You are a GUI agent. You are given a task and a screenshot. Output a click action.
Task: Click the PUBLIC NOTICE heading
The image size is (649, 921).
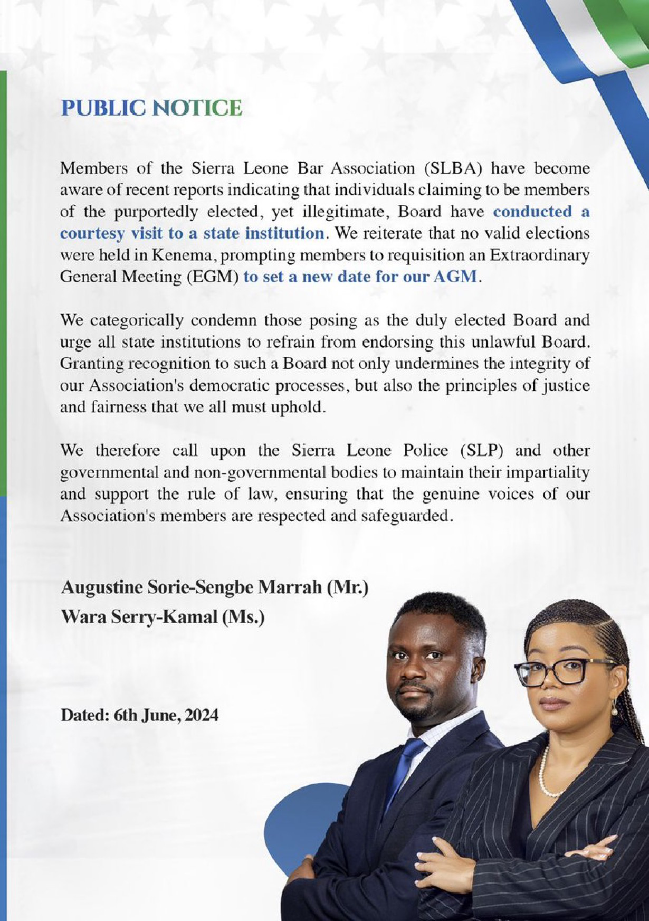pyautogui.click(x=151, y=108)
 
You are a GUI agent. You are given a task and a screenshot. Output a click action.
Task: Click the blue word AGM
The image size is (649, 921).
pyautogui.click(x=455, y=277)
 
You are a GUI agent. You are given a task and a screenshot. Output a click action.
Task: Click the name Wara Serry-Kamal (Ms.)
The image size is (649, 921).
pyautogui.click(x=163, y=616)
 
